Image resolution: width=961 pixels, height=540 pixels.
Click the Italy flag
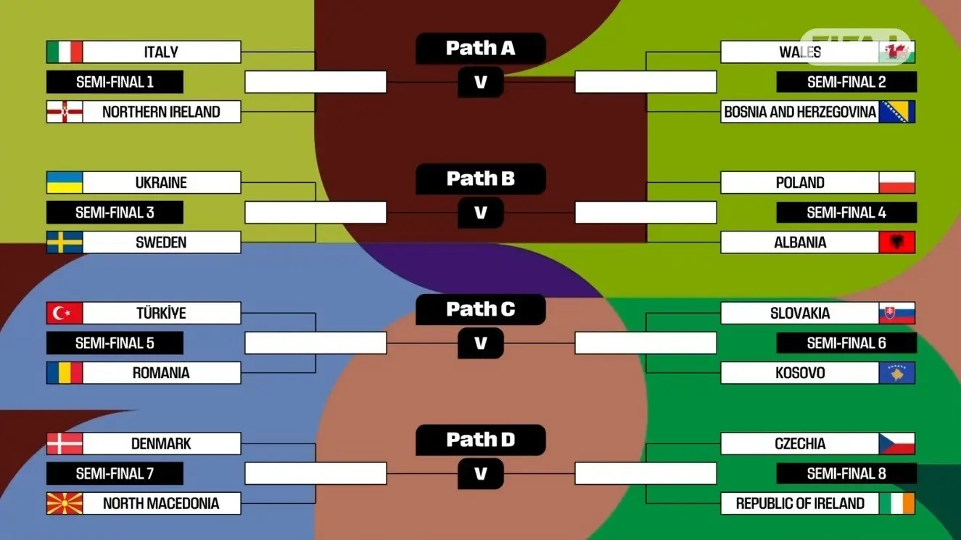65,52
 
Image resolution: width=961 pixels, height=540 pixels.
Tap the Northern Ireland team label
161,112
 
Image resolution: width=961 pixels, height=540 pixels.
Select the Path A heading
480,49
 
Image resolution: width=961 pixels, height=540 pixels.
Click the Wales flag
897,52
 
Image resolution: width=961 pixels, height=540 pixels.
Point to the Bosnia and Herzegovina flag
897,112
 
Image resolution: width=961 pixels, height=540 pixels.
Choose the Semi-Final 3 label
115,213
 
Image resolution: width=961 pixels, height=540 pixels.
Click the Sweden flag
65,242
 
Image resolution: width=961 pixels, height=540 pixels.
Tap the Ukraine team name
161,183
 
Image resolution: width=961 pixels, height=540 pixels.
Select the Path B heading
480,179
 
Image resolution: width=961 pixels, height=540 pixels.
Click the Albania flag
897,242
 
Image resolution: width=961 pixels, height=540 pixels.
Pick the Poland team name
800,183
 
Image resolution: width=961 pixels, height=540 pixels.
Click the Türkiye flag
65,314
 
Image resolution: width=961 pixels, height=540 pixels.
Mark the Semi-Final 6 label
846,343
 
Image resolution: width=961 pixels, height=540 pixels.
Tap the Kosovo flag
897,373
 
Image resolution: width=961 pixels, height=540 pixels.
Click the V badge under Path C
480,343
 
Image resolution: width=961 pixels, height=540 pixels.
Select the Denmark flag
65,443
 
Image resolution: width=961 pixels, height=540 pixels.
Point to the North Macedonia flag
65,503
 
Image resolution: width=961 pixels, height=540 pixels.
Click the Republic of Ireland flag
897,503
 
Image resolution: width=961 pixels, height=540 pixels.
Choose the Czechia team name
800,443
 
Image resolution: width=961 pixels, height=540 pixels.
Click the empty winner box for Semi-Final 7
315,473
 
